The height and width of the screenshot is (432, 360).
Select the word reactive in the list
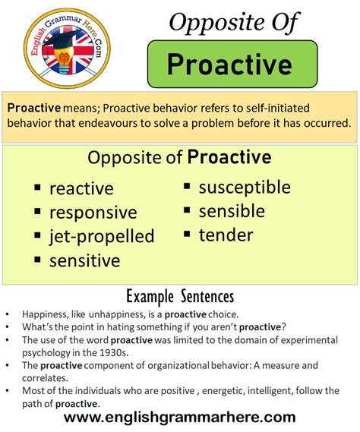(x=81, y=188)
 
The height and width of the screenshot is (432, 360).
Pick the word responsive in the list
(x=93, y=213)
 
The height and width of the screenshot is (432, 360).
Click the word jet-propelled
(x=102, y=236)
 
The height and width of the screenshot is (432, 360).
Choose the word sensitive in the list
(x=85, y=260)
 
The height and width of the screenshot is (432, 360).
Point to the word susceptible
(x=245, y=187)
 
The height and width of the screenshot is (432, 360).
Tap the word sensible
(x=232, y=211)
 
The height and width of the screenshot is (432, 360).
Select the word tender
(x=226, y=235)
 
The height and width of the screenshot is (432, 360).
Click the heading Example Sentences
(x=179, y=295)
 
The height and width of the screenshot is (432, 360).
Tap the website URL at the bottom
(x=180, y=417)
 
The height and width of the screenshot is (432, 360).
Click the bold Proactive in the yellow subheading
(x=229, y=157)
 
